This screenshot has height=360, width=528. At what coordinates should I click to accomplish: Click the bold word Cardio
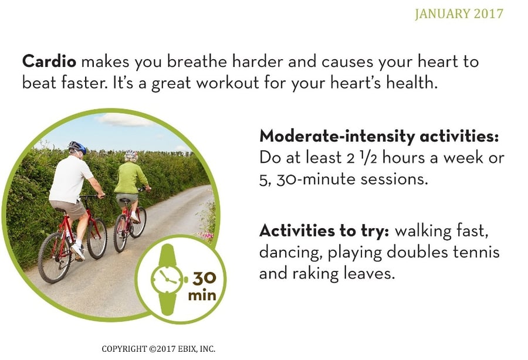[x=49, y=62]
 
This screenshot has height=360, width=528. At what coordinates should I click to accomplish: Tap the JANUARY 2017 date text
[x=459, y=14]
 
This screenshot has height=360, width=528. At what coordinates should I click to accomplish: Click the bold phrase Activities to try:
[x=324, y=231]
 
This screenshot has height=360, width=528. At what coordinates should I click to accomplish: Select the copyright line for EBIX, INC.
[x=158, y=349]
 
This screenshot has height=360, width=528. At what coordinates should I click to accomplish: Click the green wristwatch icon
[x=167, y=280]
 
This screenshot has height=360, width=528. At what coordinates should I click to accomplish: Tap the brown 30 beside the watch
[x=204, y=279]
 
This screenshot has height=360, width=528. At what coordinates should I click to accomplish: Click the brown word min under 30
[x=202, y=296]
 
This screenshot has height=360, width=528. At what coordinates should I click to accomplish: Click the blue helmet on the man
[x=77, y=147]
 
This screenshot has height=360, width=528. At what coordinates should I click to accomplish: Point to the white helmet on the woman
[x=131, y=155]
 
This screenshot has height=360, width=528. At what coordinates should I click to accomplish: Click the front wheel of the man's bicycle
[x=97, y=238]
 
